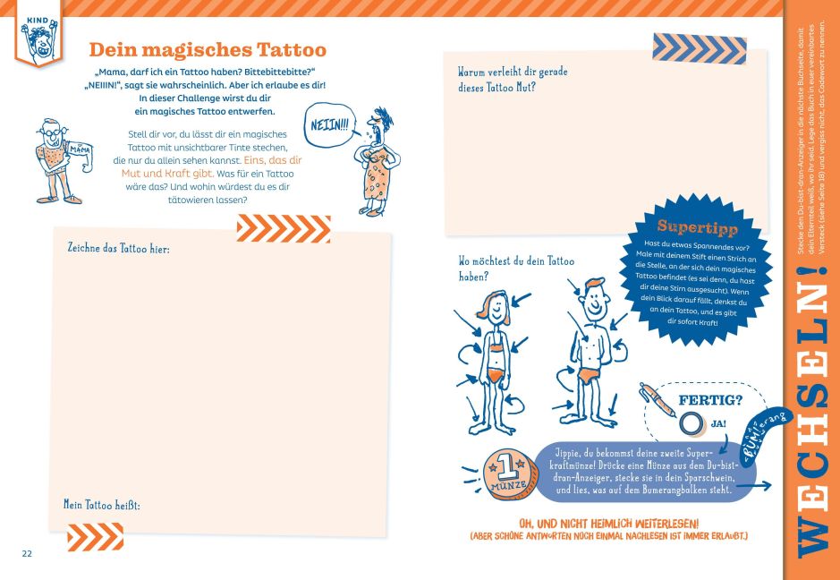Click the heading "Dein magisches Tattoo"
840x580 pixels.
pyautogui.click(x=208, y=50)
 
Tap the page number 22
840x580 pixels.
pyautogui.click(x=27, y=554)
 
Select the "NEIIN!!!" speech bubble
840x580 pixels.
pyautogui.click(x=329, y=125)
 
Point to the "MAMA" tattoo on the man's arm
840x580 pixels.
pyautogui.click(x=80, y=149)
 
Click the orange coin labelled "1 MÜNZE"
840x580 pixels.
pyautogui.click(x=505, y=474)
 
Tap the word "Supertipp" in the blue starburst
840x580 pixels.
pyautogui.click(x=697, y=227)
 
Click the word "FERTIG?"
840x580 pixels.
pyautogui.click(x=710, y=400)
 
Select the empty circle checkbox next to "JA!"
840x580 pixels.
pyautogui.click(x=692, y=423)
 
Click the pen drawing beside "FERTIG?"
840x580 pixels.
pyautogui.click(x=658, y=399)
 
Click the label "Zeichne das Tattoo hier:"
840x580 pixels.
pyautogui.click(x=118, y=248)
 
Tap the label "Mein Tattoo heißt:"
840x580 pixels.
pyautogui.click(x=102, y=505)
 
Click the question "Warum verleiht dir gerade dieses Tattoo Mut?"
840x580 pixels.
pyautogui.click(x=513, y=80)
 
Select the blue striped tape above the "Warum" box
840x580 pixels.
pyautogui.click(x=700, y=48)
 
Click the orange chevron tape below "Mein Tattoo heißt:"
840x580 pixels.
pyautogui.click(x=96, y=536)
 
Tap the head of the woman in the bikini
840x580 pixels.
pyautogui.click(x=496, y=308)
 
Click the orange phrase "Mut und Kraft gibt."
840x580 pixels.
pyautogui.click(x=167, y=174)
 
